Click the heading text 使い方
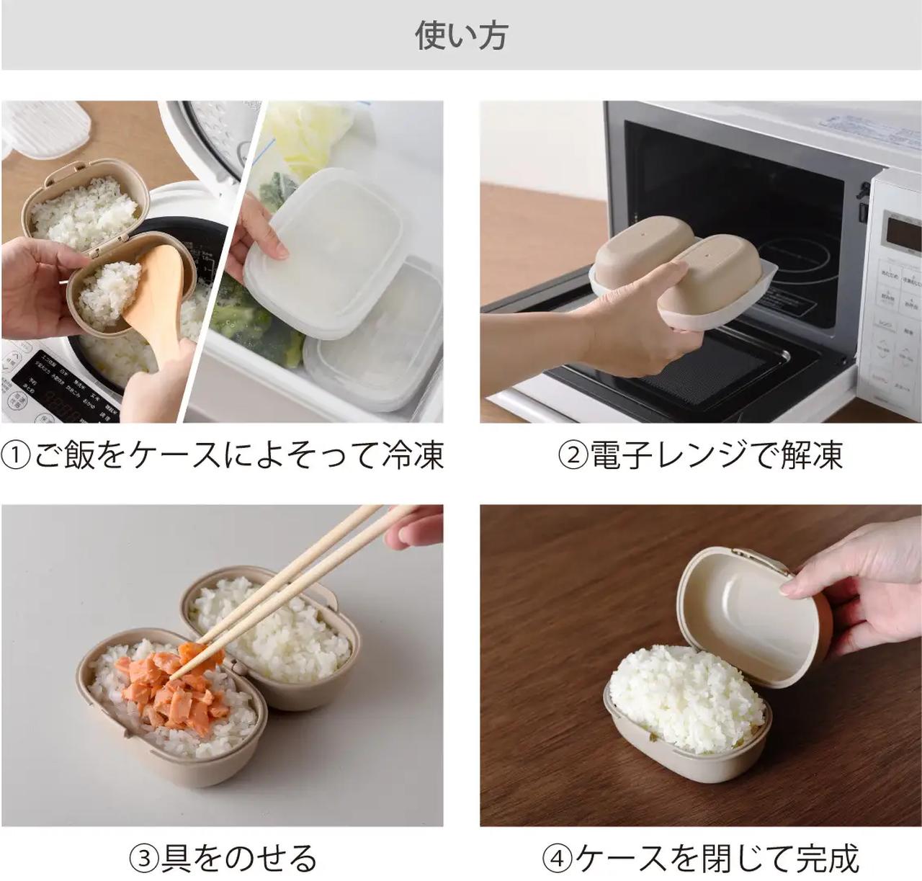[461, 35]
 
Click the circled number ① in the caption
[16, 456]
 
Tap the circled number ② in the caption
[573, 456]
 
